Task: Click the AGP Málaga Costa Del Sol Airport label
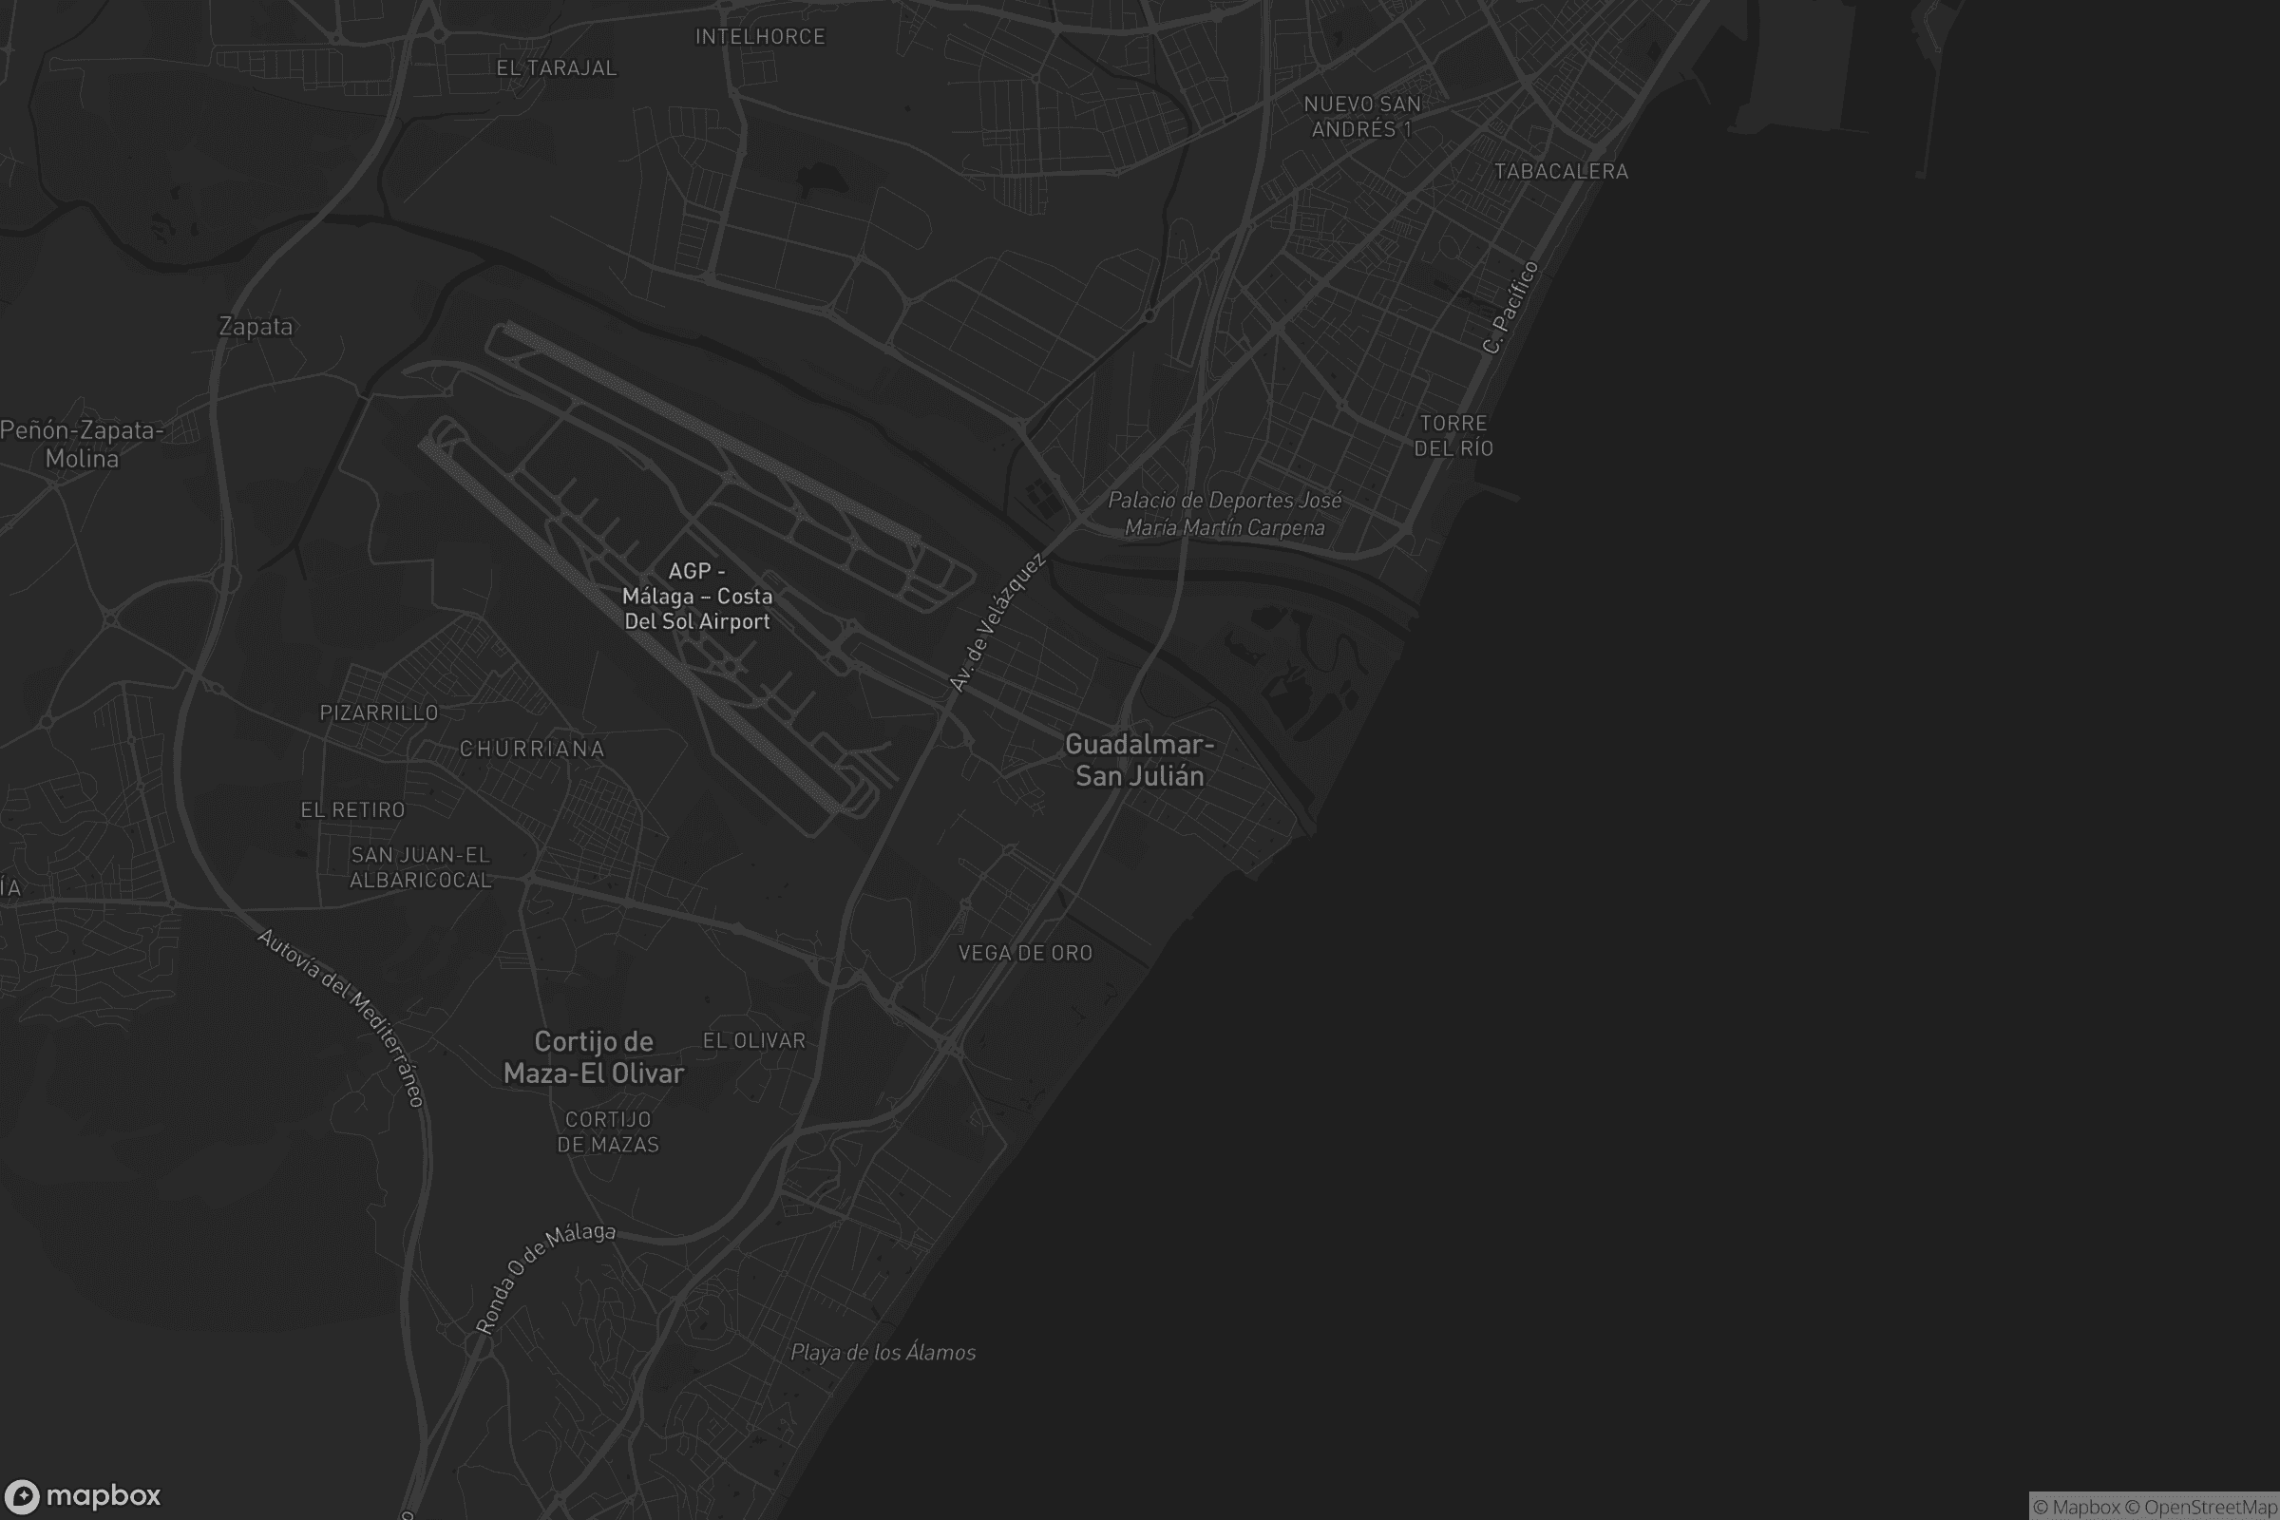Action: pos(697,597)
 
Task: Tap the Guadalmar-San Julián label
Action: pos(1139,760)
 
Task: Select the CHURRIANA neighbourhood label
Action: pos(532,749)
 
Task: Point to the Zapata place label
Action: pos(256,327)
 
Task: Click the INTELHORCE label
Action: pos(760,37)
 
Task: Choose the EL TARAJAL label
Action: pos(557,67)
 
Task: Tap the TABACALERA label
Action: pos(1561,172)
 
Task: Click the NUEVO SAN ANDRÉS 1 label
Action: pos(1362,116)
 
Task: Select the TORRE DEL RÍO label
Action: pos(1453,435)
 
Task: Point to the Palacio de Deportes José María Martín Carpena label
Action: pos(1225,514)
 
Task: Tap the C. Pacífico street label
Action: pos(1510,307)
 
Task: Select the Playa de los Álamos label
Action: pos(883,1352)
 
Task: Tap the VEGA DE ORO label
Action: pos(1025,953)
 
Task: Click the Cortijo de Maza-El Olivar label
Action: pos(593,1057)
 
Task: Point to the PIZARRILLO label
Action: pos(379,712)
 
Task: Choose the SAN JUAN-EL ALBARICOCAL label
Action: pos(421,867)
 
